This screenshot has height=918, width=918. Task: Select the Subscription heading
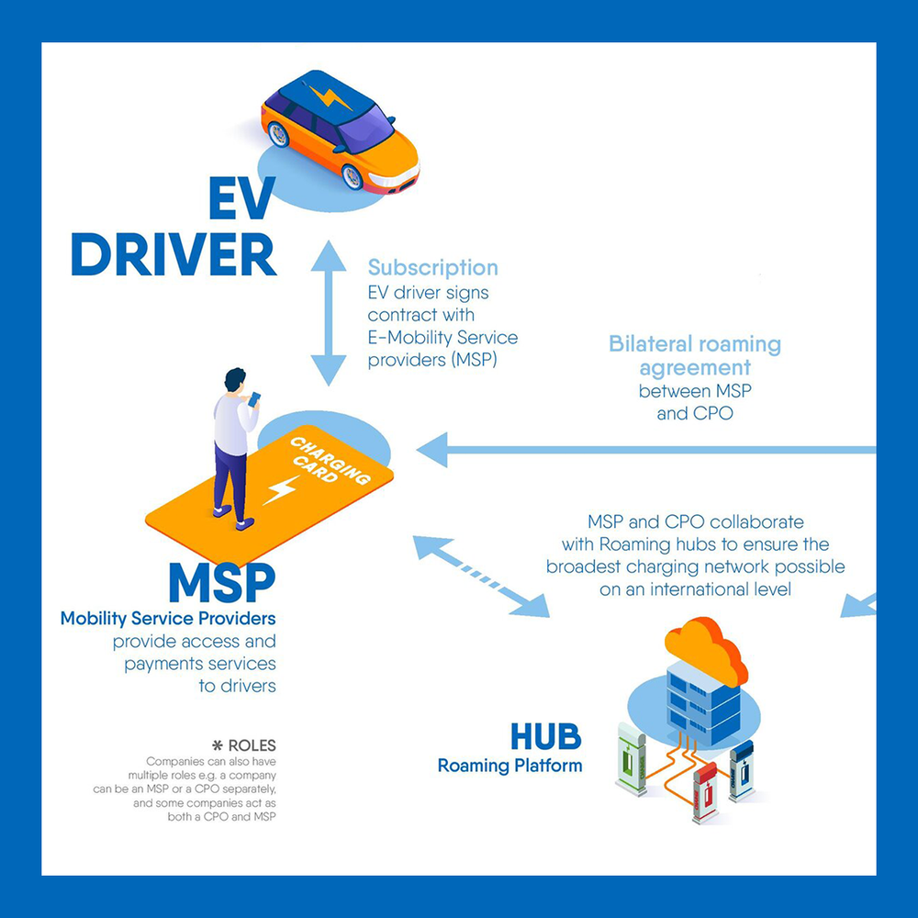pyautogui.click(x=432, y=267)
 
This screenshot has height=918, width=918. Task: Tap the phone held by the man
pyautogui.click(x=254, y=398)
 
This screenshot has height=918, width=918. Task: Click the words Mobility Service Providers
pyautogui.click(x=168, y=618)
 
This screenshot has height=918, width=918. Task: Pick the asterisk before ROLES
pyautogui.click(x=217, y=745)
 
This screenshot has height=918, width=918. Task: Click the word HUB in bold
pyautogui.click(x=545, y=737)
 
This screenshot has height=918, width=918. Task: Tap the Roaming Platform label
pyautogui.click(x=509, y=766)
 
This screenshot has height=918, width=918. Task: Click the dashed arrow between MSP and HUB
pyautogui.click(x=480, y=574)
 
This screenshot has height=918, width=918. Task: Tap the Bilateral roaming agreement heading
pyautogui.click(x=695, y=356)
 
